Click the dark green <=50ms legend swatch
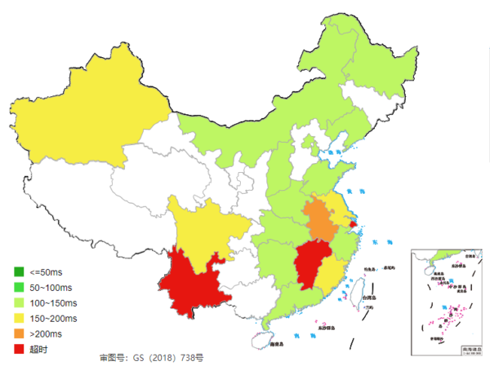18,271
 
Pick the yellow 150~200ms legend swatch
18,318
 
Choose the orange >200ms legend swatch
18,333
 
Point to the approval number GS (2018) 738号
151,358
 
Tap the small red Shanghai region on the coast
353,223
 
